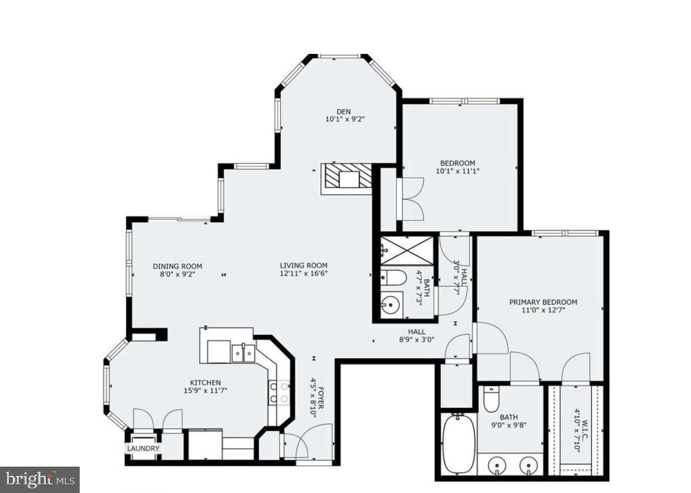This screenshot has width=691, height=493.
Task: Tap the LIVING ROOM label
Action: pyautogui.click(x=304, y=266)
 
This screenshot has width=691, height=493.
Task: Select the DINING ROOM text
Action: pyautogui.click(x=177, y=266)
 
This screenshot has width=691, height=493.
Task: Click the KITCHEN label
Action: pyautogui.click(x=205, y=383)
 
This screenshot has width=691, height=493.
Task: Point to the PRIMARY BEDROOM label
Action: pyautogui.click(x=543, y=302)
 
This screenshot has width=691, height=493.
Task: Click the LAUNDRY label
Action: pyautogui.click(x=143, y=448)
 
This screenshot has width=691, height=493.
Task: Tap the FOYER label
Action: pyautogui.click(x=321, y=398)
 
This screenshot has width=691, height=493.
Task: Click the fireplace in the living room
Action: pyautogui.click(x=346, y=179)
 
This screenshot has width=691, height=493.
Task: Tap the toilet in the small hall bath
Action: pyautogui.click(x=393, y=278)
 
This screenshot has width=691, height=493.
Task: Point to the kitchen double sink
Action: pyautogui.click(x=243, y=353)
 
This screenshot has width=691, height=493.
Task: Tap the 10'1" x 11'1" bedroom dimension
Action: pyautogui.click(x=457, y=171)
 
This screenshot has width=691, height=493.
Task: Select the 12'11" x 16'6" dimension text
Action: pyautogui.click(x=304, y=273)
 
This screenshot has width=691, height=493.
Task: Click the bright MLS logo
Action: pyautogui.click(x=40, y=479)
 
